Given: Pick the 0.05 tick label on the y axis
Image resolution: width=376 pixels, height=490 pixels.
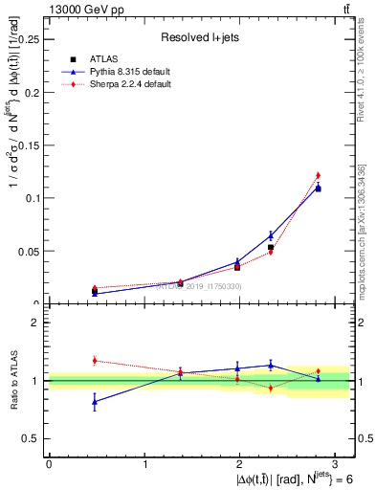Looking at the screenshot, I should (x=29, y=252).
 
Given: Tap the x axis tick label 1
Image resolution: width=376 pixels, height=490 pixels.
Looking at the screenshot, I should (x=144, y=464).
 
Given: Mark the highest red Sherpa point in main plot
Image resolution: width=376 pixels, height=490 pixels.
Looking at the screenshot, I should (x=318, y=175).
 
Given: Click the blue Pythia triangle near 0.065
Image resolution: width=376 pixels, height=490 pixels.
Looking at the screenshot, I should (x=271, y=234).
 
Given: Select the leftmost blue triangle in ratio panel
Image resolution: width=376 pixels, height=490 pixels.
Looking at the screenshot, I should (x=95, y=402).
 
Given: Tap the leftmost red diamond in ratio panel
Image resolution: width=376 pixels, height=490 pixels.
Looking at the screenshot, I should (x=95, y=361).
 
